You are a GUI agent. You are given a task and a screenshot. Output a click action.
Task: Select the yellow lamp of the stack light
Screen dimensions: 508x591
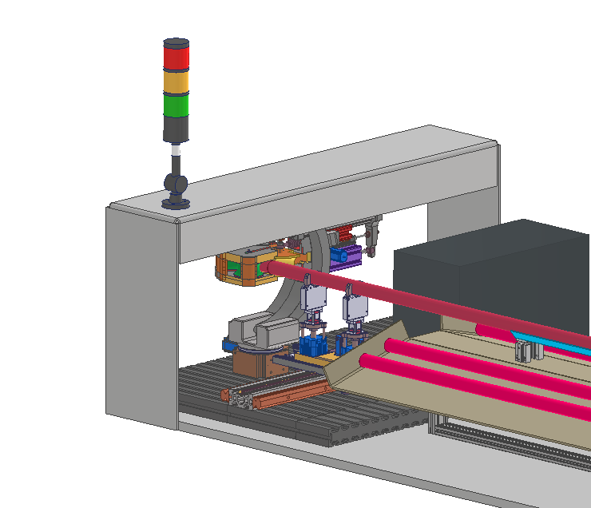point(176,82)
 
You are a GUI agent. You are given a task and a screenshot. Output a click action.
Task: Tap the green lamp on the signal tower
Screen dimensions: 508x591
point(176,105)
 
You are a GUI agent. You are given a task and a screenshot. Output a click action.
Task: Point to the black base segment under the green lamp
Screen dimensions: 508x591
point(176,128)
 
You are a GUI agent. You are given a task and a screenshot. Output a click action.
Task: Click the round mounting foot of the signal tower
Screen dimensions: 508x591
point(176,202)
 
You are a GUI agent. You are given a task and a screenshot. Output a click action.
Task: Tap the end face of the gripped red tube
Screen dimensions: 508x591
point(272,267)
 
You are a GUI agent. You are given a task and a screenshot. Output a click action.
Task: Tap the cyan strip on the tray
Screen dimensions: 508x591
point(559,341)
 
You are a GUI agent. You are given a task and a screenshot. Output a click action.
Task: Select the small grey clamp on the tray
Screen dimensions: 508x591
point(523,349)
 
